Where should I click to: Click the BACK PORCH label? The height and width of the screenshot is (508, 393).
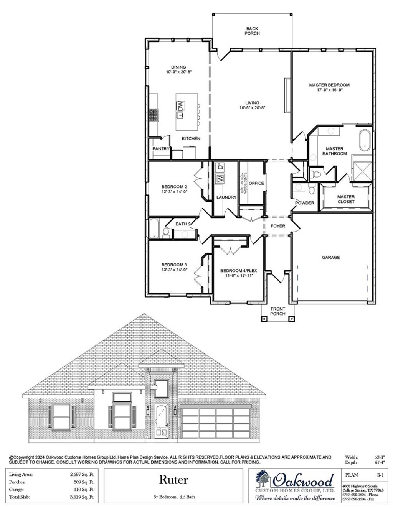point(252,31)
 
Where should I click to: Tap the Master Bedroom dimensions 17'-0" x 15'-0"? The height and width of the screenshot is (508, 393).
point(329,90)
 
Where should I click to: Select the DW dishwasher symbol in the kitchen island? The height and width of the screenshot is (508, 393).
point(180,105)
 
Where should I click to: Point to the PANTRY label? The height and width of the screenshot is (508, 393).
point(160,148)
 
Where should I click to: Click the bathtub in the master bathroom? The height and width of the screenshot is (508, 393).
point(364,140)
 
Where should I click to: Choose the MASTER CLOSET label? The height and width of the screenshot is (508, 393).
point(346,199)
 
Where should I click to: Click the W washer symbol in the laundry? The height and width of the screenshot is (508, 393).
point(220,178)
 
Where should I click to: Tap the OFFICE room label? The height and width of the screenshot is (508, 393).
point(256,183)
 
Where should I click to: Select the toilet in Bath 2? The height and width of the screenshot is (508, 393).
point(166,233)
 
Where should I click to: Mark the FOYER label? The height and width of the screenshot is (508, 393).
point(278,226)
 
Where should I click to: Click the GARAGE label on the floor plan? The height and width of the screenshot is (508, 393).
point(330,258)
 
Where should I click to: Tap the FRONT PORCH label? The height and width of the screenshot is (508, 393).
point(278,311)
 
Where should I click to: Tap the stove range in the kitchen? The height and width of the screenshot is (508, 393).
point(154,115)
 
